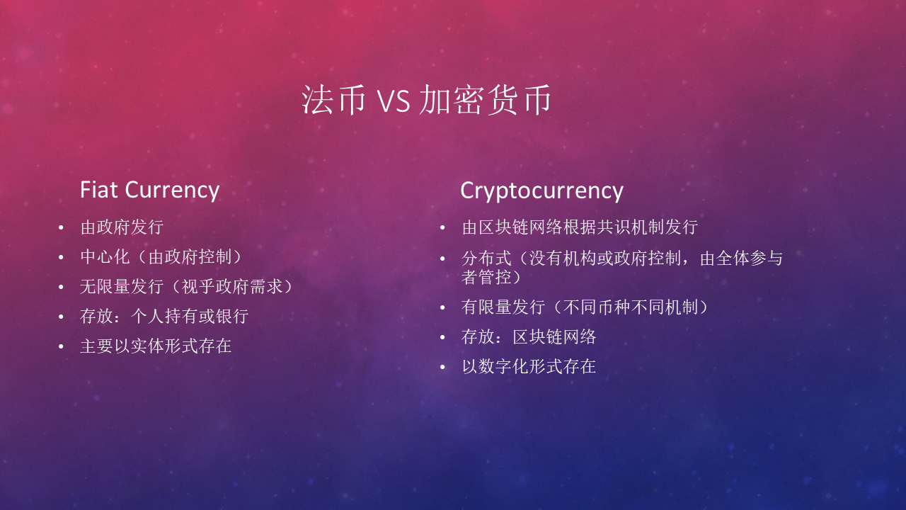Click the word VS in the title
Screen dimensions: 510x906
tap(393, 101)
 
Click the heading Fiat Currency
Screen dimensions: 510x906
tap(149, 190)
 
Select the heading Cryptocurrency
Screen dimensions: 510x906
tap(541, 191)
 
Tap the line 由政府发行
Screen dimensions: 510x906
tap(122, 227)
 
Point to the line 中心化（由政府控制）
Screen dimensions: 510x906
tap(166, 257)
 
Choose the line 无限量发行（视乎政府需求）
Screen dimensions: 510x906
tap(187, 287)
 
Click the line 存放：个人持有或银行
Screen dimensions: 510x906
tap(164, 317)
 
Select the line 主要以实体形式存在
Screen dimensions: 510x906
tap(156, 346)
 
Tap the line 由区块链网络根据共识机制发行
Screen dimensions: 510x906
tap(580, 227)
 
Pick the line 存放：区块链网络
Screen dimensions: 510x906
tap(529, 337)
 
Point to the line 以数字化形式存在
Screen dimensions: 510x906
tap(529, 367)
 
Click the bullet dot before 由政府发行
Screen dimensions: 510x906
tap(62, 228)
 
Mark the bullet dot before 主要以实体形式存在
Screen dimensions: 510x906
tap(62, 347)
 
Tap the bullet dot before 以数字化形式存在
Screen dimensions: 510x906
tap(443, 368)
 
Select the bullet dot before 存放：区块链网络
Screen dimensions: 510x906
tap(443, 338)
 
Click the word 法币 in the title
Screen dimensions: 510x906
tap(333, 101)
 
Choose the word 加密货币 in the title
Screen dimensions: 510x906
tap(485, 101)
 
